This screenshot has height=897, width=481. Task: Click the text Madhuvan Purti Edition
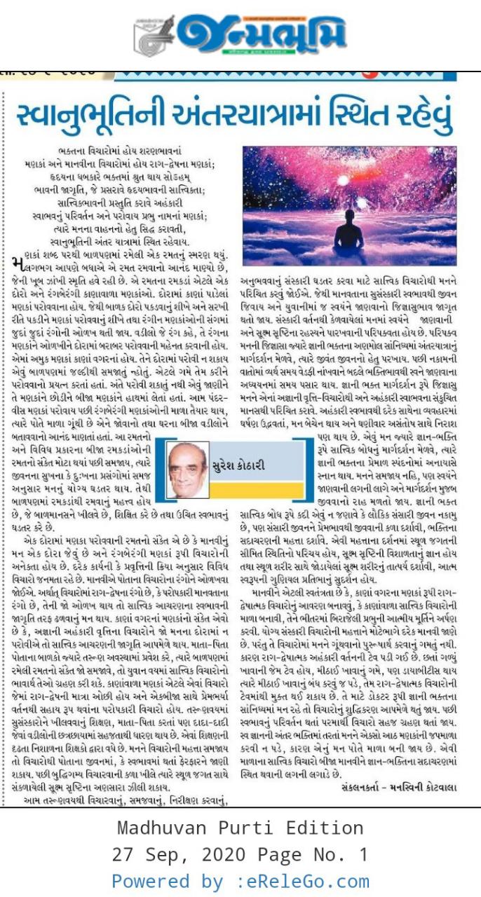[241, 828]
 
